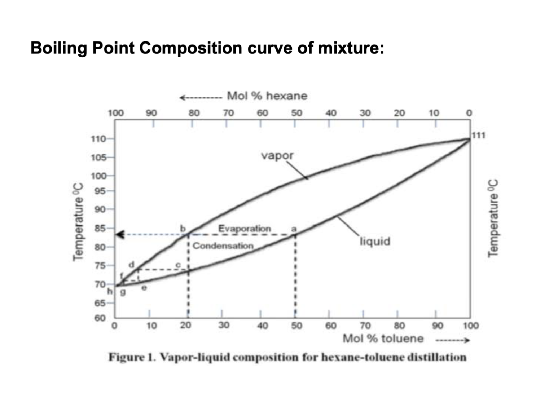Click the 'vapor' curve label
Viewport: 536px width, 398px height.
pos(277,156)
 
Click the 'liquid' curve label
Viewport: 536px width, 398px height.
pos(375,241)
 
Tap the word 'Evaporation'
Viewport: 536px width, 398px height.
pos(245,229)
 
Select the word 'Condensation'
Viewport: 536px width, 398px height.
pos(223,246)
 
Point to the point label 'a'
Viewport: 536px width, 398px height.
pos(294,229)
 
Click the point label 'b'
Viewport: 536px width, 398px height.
pos(183,229)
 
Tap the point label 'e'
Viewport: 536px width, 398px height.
pos(144,288)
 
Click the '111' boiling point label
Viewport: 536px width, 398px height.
pos(479,136)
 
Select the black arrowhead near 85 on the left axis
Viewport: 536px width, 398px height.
pos(120,234)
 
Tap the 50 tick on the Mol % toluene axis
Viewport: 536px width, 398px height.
pos(296,326)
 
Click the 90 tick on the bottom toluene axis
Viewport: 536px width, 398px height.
pos(437,326)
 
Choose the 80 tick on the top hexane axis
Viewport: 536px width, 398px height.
pos(194,113)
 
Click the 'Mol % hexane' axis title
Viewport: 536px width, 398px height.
pos(267,96)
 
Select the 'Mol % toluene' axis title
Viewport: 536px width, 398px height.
pos(383,339)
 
